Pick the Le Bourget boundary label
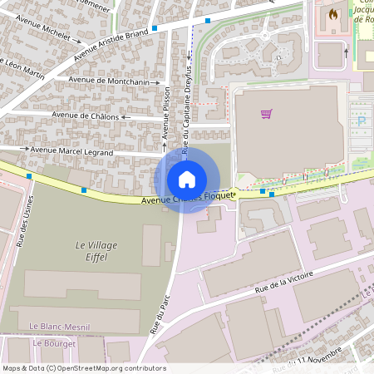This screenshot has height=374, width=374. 54,342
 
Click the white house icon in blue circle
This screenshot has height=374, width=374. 187,179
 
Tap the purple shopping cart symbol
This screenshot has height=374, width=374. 267,114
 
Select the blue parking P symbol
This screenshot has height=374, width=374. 362,121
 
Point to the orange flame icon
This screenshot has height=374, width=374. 333,14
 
